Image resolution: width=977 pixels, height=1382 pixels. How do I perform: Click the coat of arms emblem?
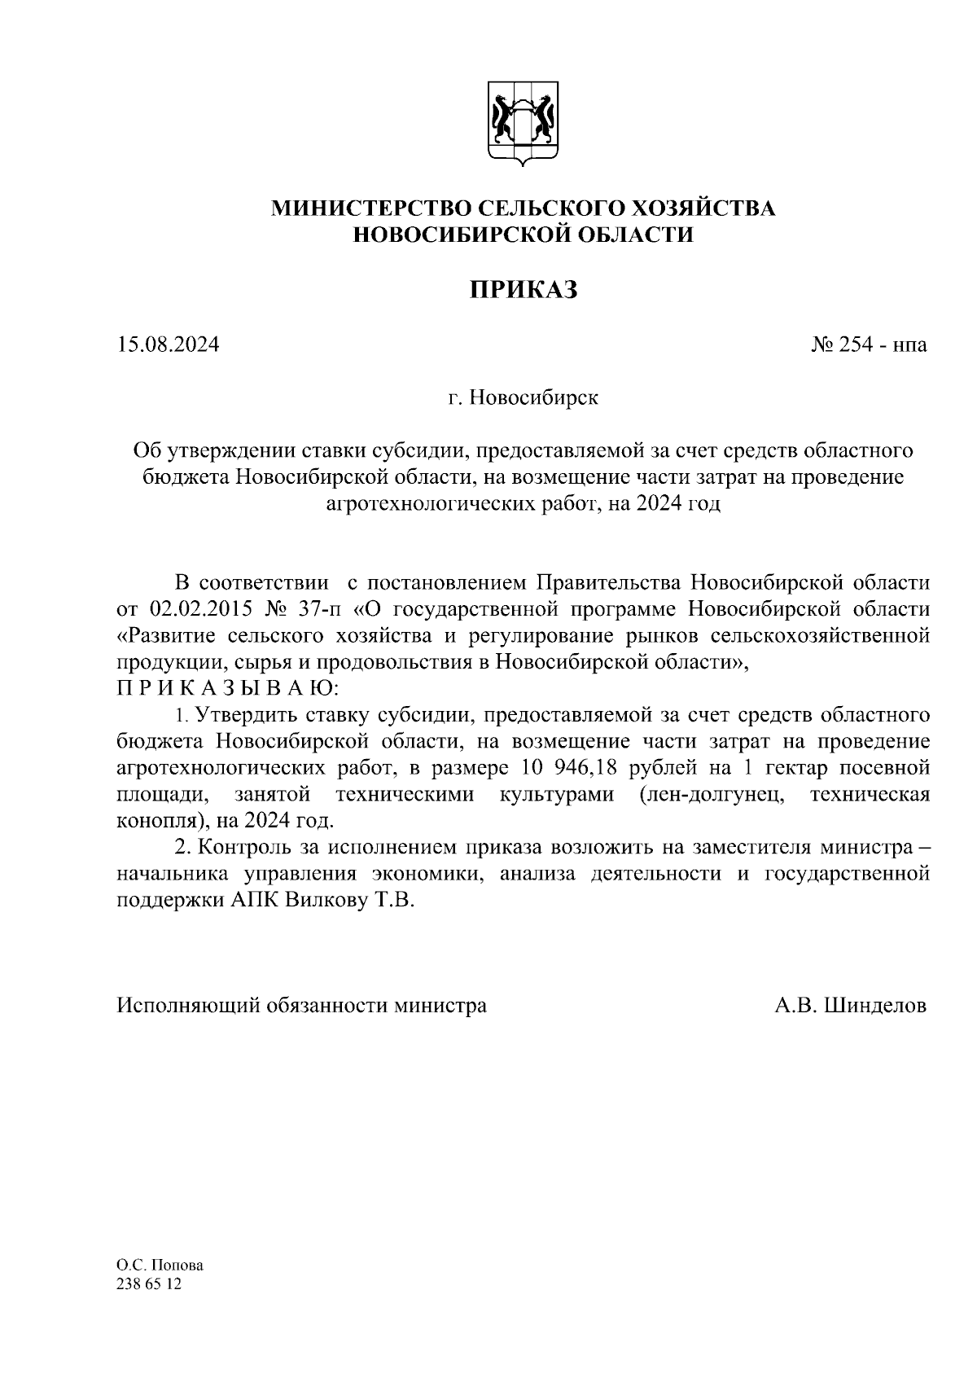click(522, 122)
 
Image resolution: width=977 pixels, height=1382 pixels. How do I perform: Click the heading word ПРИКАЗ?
click(523, 289)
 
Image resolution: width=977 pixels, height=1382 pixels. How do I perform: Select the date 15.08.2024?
click(168, 345)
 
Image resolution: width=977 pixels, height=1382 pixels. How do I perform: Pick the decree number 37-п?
click(324, 610)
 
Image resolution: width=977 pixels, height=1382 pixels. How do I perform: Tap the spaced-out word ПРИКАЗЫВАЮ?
click(226, 689)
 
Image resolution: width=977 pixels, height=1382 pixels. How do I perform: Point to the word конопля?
click(152, 820)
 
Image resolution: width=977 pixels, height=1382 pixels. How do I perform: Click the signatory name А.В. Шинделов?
click(850, 1006)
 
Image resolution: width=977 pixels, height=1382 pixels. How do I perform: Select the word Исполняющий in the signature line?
click(186, 1006)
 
